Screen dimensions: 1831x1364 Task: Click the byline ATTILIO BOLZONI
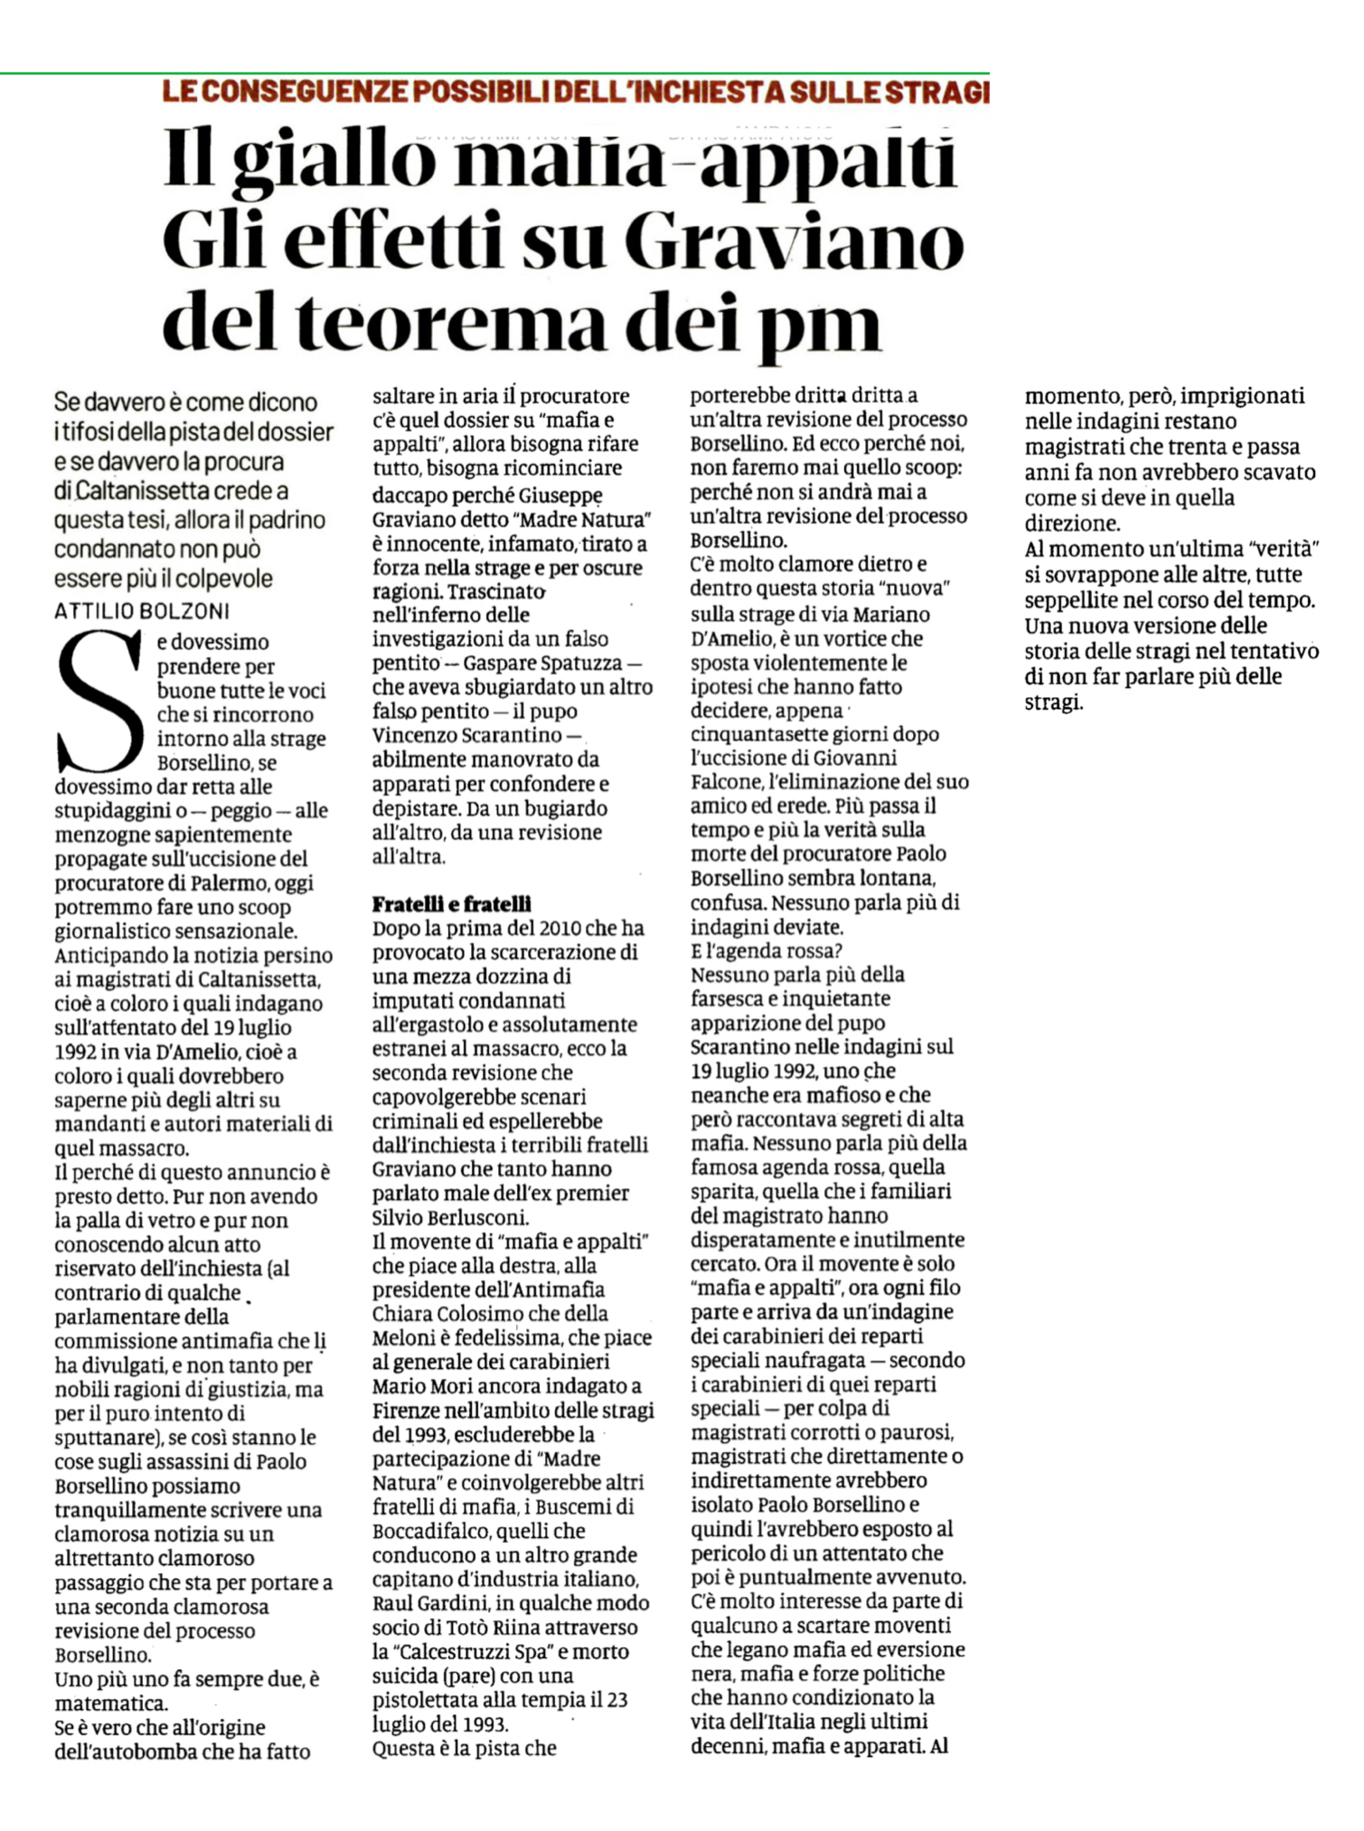(x=142, y=611)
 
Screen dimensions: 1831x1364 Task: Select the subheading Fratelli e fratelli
(x=452, y=903)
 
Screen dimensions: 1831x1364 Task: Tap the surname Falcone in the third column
(x=723, y=781)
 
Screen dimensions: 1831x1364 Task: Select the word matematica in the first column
(x=109, y=1704)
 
